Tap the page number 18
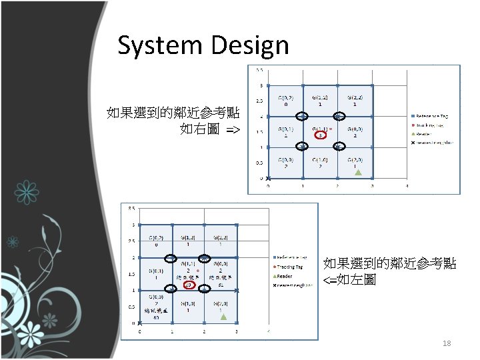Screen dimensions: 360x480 [447, 343]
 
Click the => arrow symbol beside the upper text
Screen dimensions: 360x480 [233, 129]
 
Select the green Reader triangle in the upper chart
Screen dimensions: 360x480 [358, 173]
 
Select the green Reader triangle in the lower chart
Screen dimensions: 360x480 [225, 317]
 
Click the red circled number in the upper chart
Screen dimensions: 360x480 [321, 135]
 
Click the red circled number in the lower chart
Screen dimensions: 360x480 [189, 285]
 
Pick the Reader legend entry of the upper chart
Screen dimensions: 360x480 [427, 133]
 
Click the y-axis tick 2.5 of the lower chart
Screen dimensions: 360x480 [133, 241]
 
